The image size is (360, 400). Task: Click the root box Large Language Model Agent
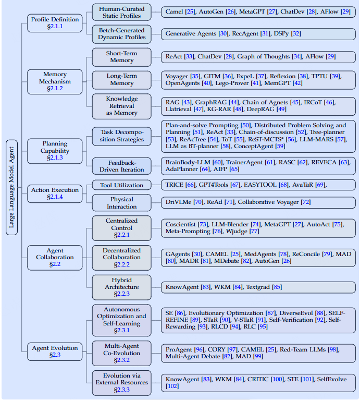(11, 187)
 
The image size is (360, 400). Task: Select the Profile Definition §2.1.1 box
(55, 23)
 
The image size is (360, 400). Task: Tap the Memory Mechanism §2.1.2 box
(55, 82)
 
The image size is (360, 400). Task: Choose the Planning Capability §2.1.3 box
(55, 151)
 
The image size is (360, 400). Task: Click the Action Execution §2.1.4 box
(55, 193)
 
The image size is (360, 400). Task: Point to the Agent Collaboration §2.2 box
(55, 258)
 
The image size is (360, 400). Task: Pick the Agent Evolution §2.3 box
(55, 351)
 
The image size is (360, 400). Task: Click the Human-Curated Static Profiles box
(121, 12)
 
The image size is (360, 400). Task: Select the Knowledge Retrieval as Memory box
(121, 106)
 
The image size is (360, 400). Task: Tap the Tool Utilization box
(121, 185)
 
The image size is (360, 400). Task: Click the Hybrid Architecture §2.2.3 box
(121, 287)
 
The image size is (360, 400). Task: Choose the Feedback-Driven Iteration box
(121, 166)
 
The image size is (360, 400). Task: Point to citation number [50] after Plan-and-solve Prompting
(245, 125)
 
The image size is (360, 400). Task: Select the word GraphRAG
(210, 102)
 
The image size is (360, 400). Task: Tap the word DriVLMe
(178, 202)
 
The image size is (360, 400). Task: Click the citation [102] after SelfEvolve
(172, 386)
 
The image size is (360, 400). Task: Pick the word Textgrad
(258, 287)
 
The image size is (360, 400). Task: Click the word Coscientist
(181, 224)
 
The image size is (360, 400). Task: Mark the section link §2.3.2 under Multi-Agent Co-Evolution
(122, 360)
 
